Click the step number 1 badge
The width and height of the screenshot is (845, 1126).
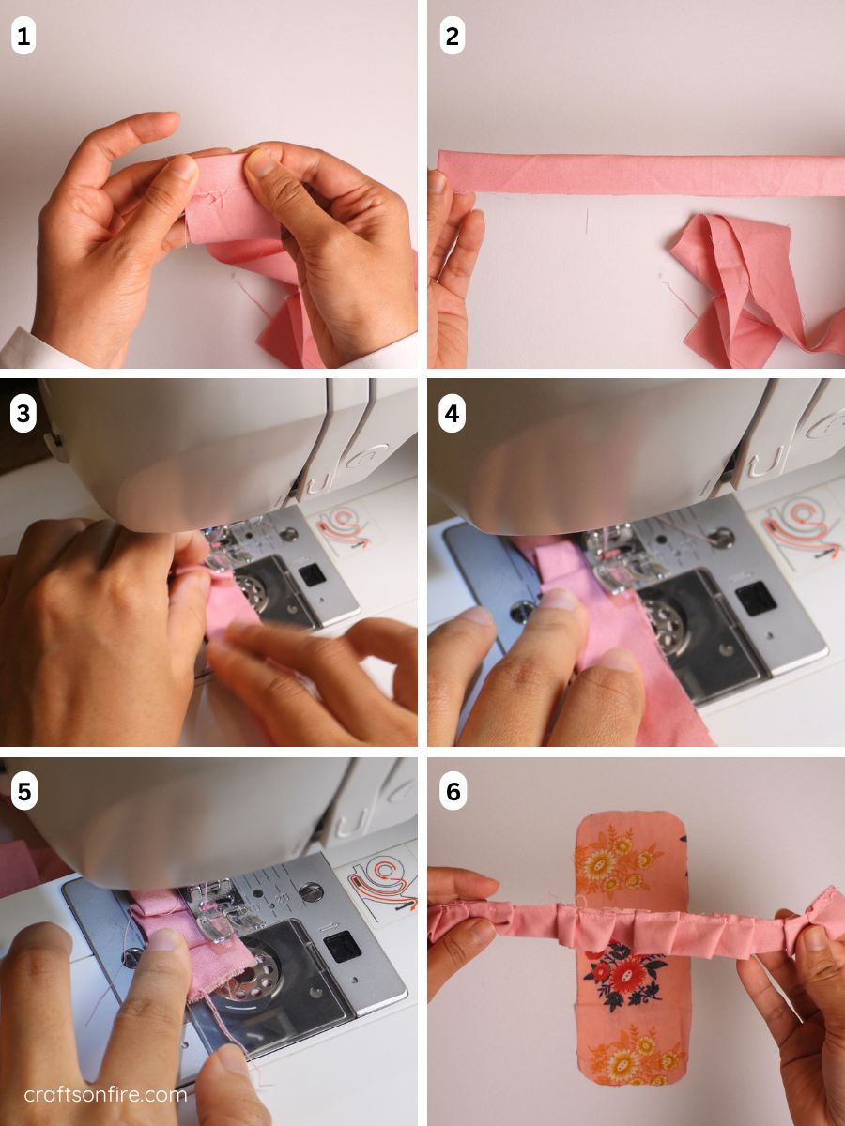click(23, 38)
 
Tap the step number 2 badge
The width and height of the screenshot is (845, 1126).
click(453, 38)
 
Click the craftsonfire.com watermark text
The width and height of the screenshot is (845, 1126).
click(105, 1094)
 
